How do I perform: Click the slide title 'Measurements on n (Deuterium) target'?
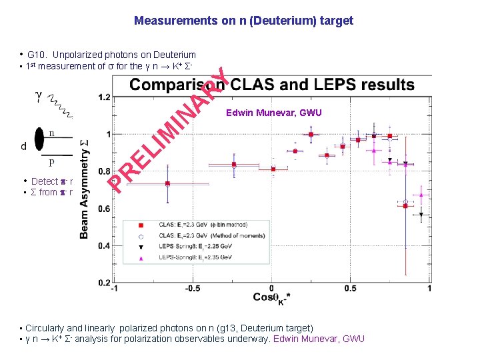point(243,21)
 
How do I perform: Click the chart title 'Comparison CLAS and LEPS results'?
point(272,85)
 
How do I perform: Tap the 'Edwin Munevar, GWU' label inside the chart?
point(274,113)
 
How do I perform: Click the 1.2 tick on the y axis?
point(103,97)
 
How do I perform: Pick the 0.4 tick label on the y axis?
point(103,246)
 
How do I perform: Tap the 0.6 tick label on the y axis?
point(103,209)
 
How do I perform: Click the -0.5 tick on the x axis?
point(192,289)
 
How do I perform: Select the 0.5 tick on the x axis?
point(351,289)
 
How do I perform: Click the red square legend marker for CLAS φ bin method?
point(141,226)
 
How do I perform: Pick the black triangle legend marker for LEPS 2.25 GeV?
point(141,247)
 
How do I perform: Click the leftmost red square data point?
point(167,183)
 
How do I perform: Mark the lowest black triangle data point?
point(421,215)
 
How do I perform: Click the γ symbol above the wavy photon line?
point(39,97)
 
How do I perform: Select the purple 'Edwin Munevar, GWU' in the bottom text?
point(319,339)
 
